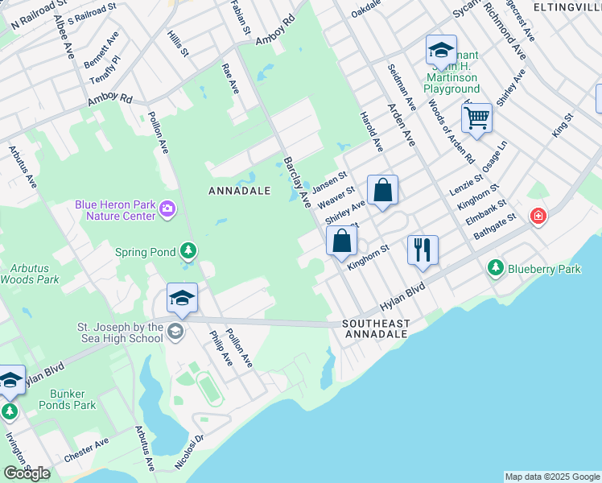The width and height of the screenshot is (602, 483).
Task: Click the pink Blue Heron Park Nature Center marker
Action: [167, 210]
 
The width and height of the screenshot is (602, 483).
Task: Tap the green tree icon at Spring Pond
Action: [188, 252]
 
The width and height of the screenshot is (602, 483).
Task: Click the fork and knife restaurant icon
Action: [423, 250]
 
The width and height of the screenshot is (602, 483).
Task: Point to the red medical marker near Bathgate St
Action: [538, 216]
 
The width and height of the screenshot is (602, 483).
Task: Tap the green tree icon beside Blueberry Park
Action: [496, 268]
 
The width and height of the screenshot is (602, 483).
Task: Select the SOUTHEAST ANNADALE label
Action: [376, 329]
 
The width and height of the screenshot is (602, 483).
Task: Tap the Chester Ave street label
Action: [85, 450]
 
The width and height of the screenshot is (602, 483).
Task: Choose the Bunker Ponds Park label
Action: [73, 399]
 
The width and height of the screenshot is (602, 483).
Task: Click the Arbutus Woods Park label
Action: [30, 274]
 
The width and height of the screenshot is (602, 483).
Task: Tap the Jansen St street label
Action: [330, 179]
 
